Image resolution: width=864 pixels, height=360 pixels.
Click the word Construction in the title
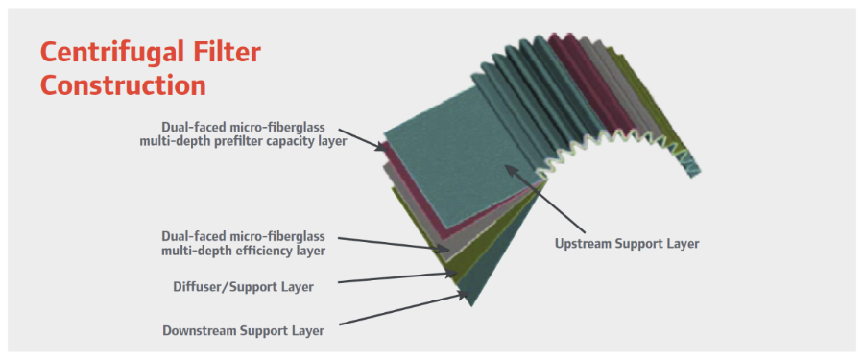click(123, 85)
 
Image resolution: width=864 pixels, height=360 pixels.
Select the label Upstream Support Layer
click(627, 243)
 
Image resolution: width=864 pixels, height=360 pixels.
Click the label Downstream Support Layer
click(243, 331)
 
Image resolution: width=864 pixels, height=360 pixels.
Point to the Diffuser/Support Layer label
click(243, 287)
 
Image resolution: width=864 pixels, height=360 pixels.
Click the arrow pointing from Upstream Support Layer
click(545, 199)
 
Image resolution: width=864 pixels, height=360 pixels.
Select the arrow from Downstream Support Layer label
click(403, 309)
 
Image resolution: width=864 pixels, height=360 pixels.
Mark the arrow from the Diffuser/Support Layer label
click(397, 277)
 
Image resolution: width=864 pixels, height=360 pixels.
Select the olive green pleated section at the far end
click(650, 105)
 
